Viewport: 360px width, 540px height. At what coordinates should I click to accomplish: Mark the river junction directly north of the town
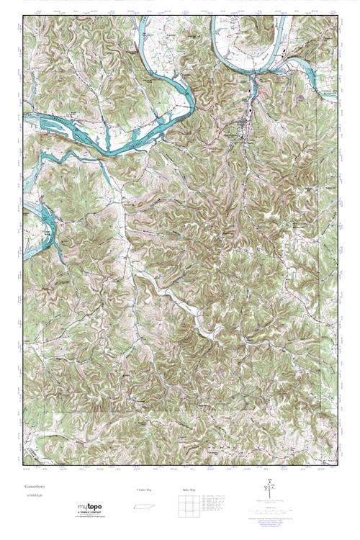[253, 72]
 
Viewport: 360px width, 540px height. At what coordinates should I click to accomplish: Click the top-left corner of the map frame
[24, 16]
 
